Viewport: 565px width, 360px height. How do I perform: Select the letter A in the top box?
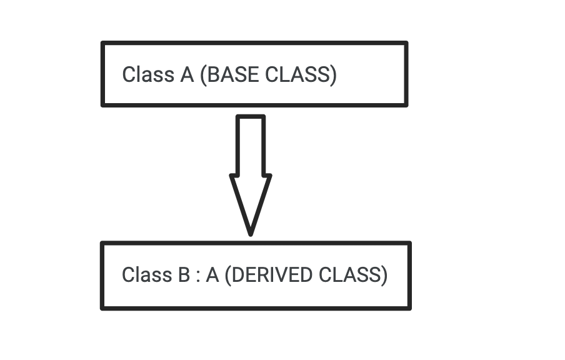point(187,74)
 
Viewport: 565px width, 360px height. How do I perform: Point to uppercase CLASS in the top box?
point(297,74)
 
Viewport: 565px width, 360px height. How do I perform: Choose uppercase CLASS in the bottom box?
point(349,274)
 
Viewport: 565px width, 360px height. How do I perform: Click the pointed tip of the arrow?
point(251,233)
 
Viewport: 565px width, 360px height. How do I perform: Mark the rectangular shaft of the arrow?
point(251,145)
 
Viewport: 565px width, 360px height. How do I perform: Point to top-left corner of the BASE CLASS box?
point(103,44)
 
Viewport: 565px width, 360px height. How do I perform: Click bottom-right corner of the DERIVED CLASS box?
point(409,307)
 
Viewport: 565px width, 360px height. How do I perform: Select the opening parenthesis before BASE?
point(202,74)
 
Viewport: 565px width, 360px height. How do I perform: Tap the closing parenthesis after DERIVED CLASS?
point(384,274)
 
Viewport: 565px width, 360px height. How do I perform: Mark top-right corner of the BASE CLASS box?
point(406,44)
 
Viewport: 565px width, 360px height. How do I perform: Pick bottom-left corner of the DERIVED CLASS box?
point(103,307)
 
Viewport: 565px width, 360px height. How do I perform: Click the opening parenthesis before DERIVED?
point(227,274)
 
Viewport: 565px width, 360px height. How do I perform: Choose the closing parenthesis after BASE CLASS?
point(333,74)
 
